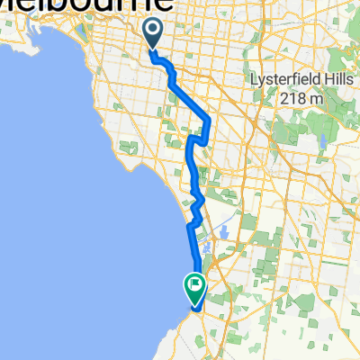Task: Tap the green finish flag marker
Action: coord(194,287)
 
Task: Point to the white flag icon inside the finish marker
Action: coord(194,284)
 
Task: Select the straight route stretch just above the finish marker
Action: coord(191,252)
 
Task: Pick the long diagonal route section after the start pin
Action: coord(190,95)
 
